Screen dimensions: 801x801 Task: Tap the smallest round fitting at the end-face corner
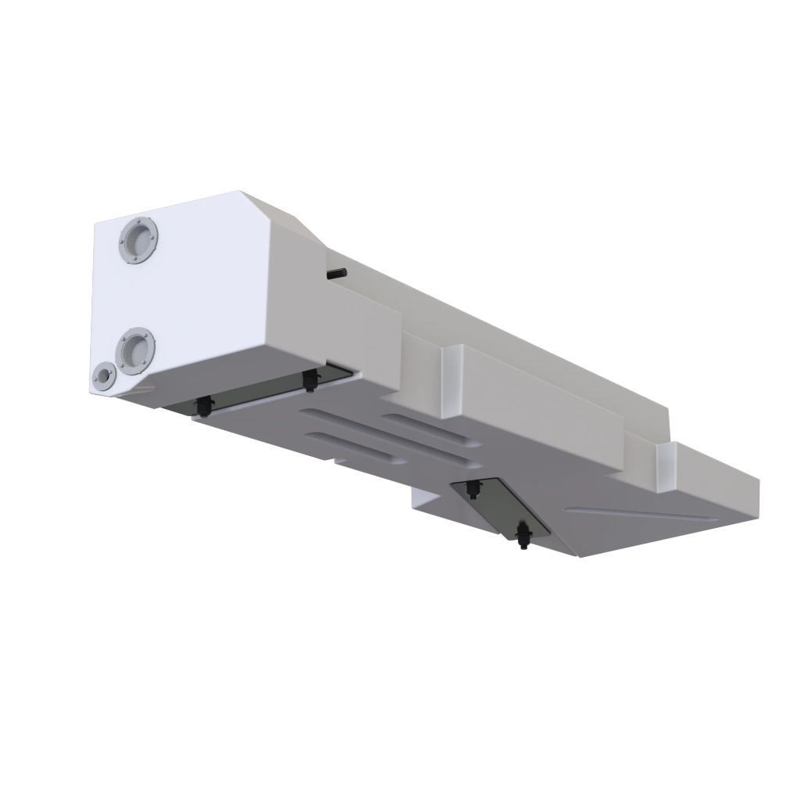click(x=103, y=377)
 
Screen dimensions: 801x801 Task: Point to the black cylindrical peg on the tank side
click(x=338, y=273)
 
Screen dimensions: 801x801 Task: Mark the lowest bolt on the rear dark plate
click(x=523, y=536)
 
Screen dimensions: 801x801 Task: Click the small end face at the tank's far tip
click(x=746, y=493)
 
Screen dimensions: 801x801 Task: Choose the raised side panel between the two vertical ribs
click(x=548, y=407)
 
